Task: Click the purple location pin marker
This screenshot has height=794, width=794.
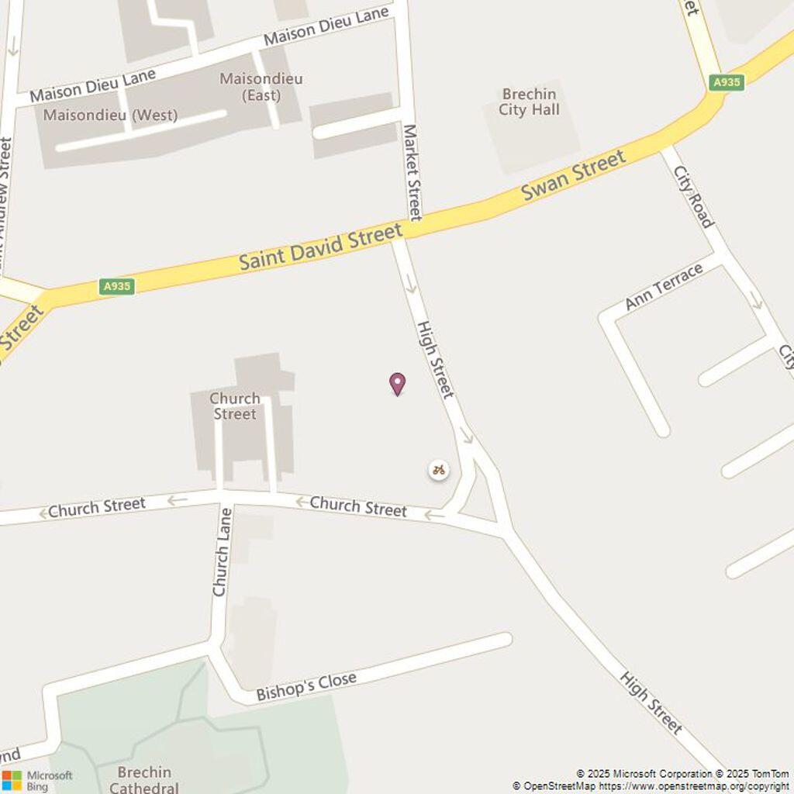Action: [x=397, y=384]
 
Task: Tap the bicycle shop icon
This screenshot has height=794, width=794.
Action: [x=439, y=470]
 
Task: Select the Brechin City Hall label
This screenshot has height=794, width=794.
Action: [x=529, y=102]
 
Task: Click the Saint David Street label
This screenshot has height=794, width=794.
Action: [x=321, y=247]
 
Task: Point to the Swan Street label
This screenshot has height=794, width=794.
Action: [x=573, y=175]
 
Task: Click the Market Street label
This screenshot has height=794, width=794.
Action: [x=413, y=172]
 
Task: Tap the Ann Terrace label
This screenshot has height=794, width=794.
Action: [x=664, y=286]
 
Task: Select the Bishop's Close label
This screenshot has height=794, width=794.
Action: [x=306, y=686]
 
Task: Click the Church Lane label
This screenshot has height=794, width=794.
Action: [x=222, y=552]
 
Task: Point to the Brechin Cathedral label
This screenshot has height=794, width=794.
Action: [x=144, y=779]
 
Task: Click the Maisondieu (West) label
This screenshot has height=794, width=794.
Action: [x=110, y=116]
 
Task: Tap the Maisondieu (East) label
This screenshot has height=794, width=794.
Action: [x=261, y=87]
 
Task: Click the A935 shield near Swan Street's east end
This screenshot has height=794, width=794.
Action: [x=727, y=82]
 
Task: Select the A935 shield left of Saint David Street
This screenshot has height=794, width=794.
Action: [x=117, y=287]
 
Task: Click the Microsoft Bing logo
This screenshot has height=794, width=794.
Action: [x=37, y=780]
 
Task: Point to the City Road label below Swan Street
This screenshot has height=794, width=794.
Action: [x=693, y=196]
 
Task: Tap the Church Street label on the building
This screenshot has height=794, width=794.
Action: [x=235, y=406]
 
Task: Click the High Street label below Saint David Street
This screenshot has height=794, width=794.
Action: [x=435, y=360]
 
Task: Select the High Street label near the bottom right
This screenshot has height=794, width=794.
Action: [x=651, y=703]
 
